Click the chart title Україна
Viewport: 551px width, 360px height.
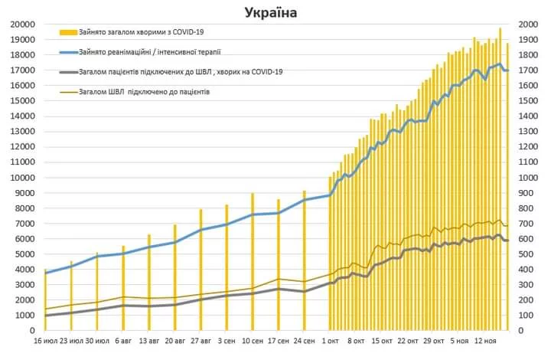point(272,12)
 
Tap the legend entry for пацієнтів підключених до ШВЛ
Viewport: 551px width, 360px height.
point(181,72)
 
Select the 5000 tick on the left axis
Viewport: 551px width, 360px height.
point(21,254)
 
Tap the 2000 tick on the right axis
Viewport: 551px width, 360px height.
point(530,24)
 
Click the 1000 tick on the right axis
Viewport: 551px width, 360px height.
point(530,178)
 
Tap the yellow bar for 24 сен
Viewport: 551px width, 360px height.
point(305,260)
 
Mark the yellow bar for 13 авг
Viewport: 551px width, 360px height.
point(149,283)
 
